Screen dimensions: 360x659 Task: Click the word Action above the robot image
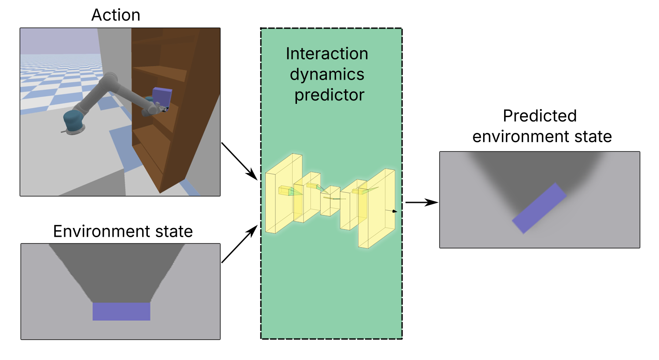116,15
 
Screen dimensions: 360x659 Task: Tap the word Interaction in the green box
327,54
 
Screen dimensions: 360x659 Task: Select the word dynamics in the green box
327,74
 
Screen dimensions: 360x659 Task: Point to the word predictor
329,95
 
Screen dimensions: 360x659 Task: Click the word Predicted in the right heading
539,116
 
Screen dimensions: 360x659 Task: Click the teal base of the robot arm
73,121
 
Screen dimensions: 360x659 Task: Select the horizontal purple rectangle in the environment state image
121,311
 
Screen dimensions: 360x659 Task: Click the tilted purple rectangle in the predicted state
539,208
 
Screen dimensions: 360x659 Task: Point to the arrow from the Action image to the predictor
239,161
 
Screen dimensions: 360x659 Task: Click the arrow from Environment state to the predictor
239,244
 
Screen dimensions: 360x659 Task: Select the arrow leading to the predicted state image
421,202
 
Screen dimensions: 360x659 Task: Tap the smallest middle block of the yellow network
330,201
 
